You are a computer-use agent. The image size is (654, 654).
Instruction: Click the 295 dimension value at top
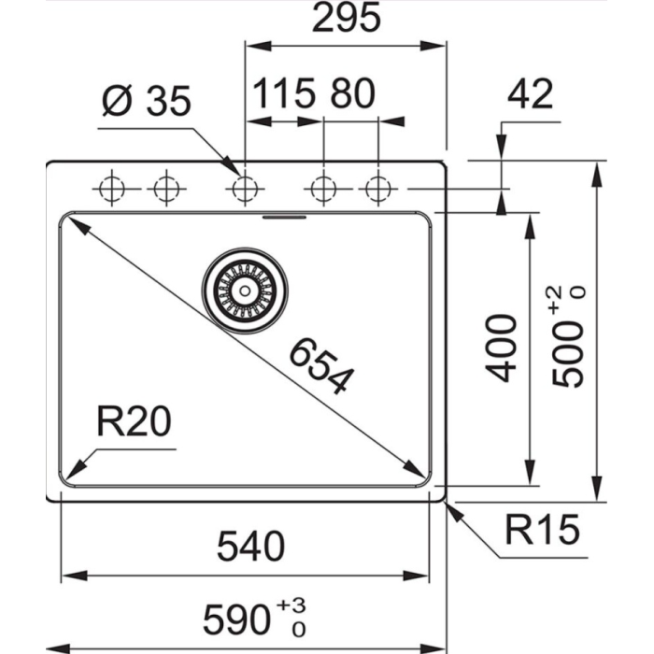346,19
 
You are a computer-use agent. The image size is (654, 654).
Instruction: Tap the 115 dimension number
282,94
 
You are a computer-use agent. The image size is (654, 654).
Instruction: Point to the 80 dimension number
352,94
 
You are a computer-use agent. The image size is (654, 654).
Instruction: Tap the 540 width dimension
249,546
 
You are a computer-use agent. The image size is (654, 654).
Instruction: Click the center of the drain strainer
245,290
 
